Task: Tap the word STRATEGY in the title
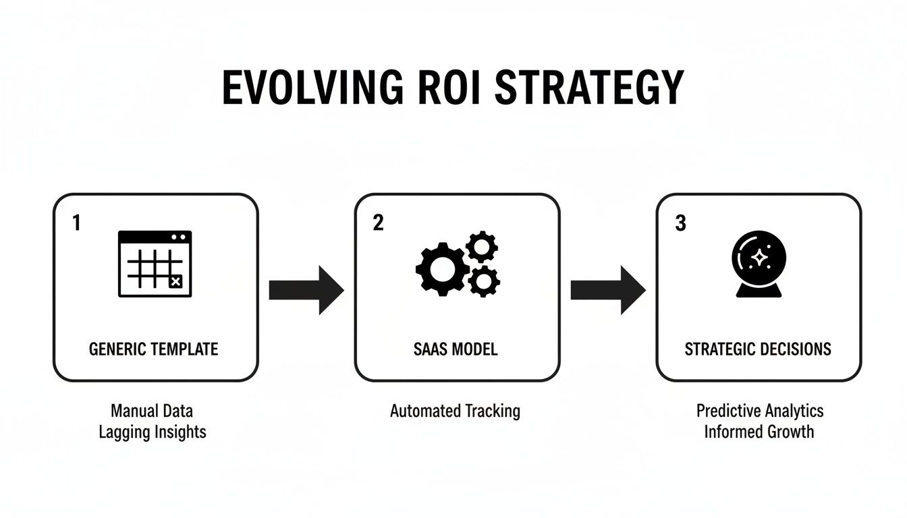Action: click(590, 87)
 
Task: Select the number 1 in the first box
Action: click(76, 223)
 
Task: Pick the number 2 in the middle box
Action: click(378, 223)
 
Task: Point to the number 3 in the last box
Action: click(680, 223)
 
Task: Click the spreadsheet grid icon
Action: click(155, 264)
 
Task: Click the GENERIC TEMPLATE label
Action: click(154, 349)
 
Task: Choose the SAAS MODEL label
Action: click(456, 349)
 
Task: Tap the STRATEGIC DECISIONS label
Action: click(758, 349)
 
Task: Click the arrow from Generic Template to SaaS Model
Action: click(306, 290)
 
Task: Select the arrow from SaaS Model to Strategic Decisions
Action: click(608, 290)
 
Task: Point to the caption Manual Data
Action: click(152, 410)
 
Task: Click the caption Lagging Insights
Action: click(152, 432)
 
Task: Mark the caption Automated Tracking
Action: click(455, 410)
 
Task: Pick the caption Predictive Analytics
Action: click(760, 410)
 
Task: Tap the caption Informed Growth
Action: click(759, 432)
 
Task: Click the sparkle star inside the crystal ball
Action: click(759, 257)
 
